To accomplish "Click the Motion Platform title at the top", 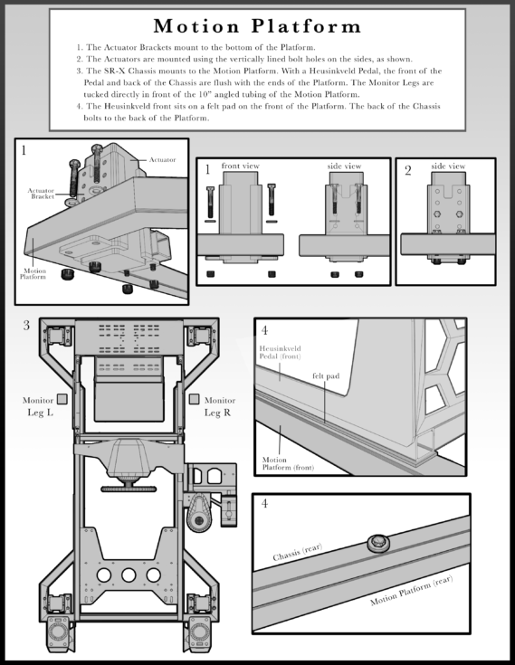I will pos(257,25).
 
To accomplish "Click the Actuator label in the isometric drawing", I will pos(163,159).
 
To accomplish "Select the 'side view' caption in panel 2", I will pos(447,166).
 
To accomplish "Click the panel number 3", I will pos(27,326).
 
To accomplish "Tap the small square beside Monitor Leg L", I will pos(62,399).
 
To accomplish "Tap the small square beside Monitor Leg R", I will pos(193,399).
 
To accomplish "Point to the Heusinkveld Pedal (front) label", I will pos(283,354).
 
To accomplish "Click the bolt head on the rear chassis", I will pos(376,544).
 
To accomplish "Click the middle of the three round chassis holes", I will pos(130,575).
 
